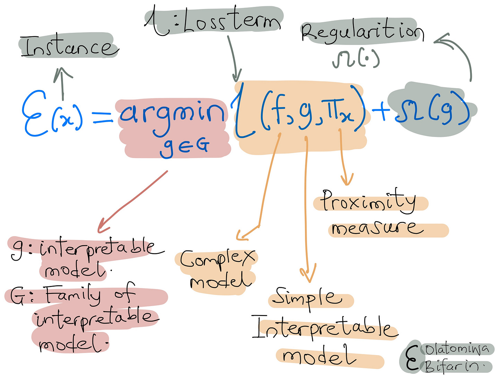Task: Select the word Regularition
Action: (x=362, y=32)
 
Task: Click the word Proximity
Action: (x=369, y=201)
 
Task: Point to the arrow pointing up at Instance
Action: (x=63, y=83)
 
